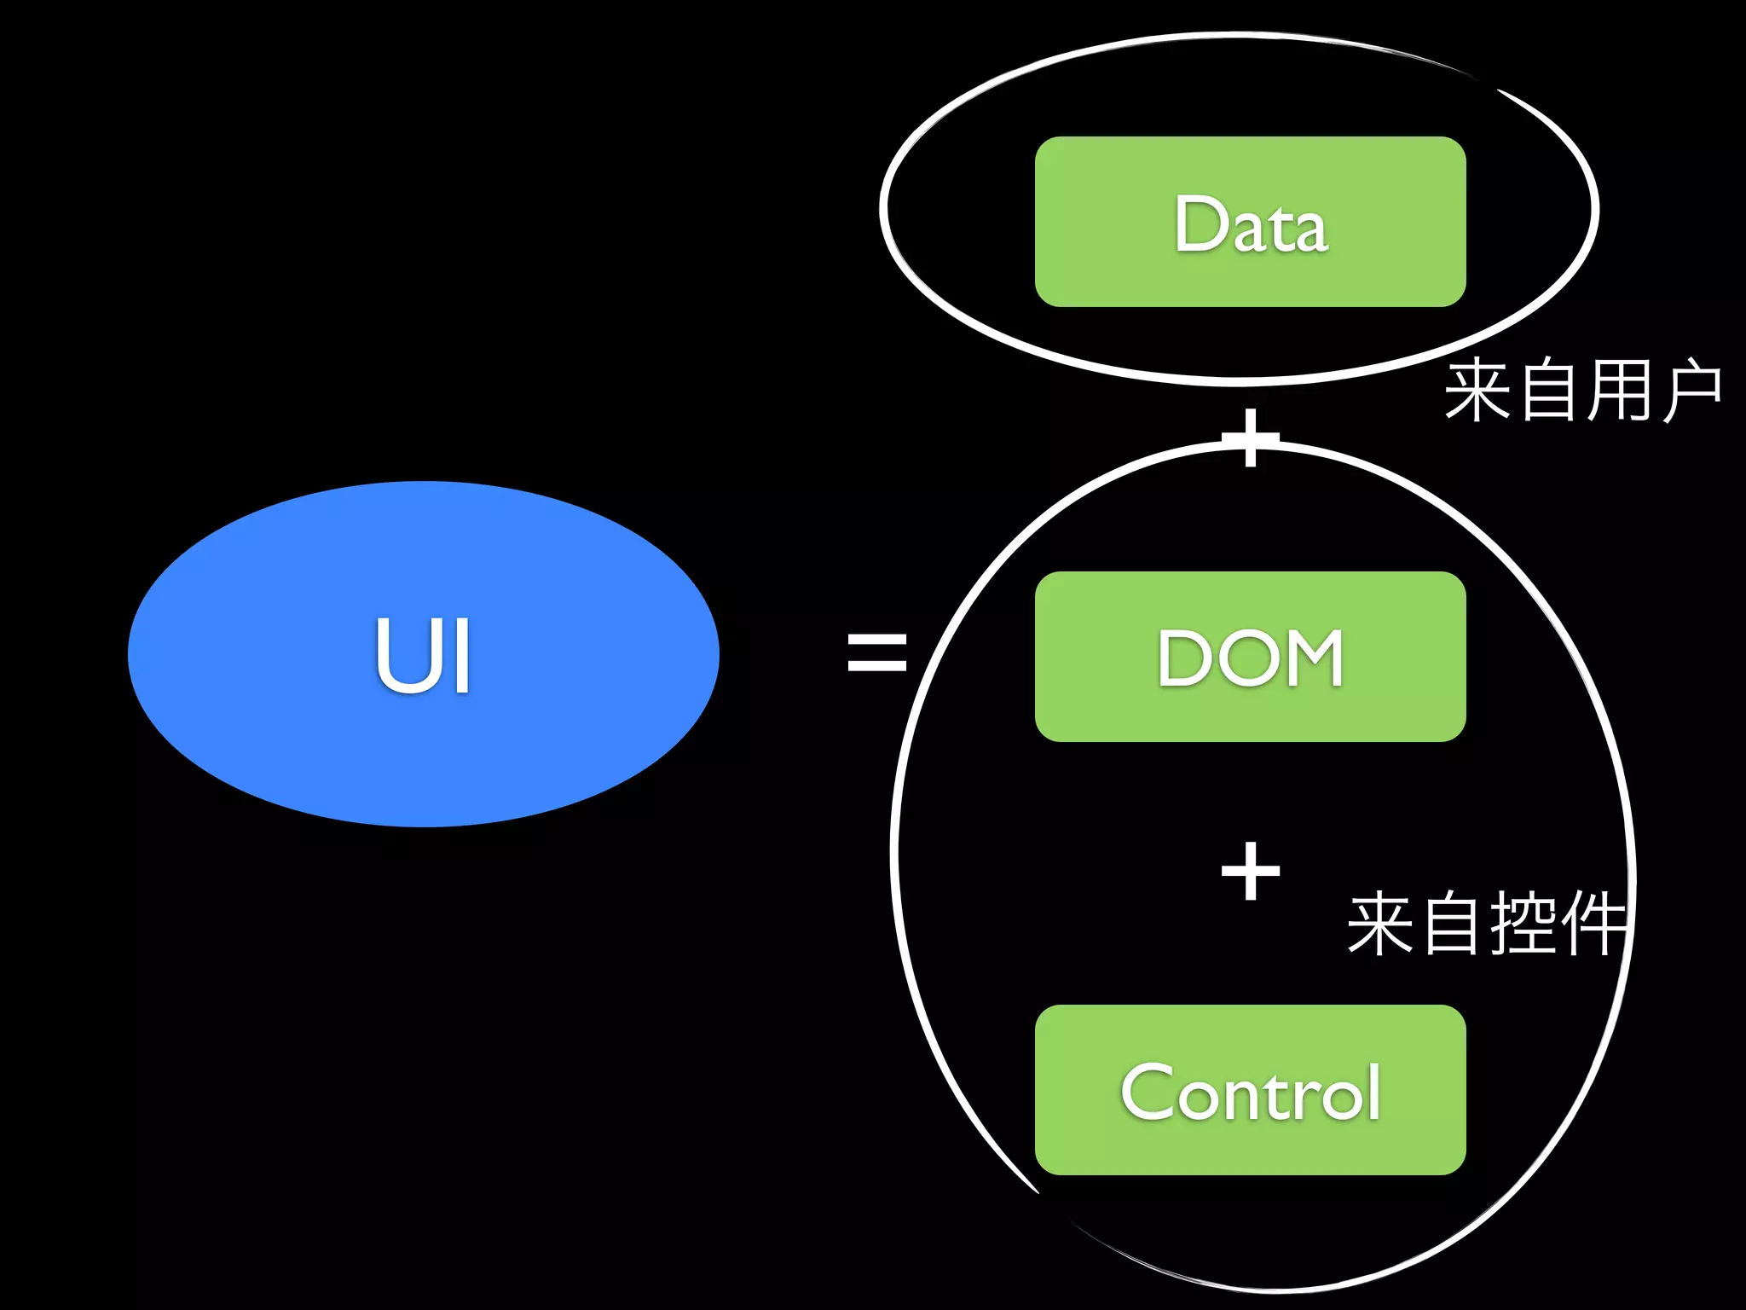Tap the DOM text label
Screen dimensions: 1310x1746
1251,658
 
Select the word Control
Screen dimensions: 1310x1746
1251,1093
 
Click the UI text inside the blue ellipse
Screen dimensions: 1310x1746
424,655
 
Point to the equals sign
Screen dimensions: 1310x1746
876,652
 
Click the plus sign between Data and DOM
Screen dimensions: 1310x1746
1251,438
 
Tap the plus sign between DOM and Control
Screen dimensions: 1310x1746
1251,872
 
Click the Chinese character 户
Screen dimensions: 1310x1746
1690,391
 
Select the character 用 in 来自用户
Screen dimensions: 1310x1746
1618,391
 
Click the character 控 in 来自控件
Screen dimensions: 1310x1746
1522,923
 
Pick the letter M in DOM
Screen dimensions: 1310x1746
1305,658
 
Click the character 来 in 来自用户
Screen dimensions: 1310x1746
1477,391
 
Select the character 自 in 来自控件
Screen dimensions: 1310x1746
1451,923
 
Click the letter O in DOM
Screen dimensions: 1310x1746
1240,658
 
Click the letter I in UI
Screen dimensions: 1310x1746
462,655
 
